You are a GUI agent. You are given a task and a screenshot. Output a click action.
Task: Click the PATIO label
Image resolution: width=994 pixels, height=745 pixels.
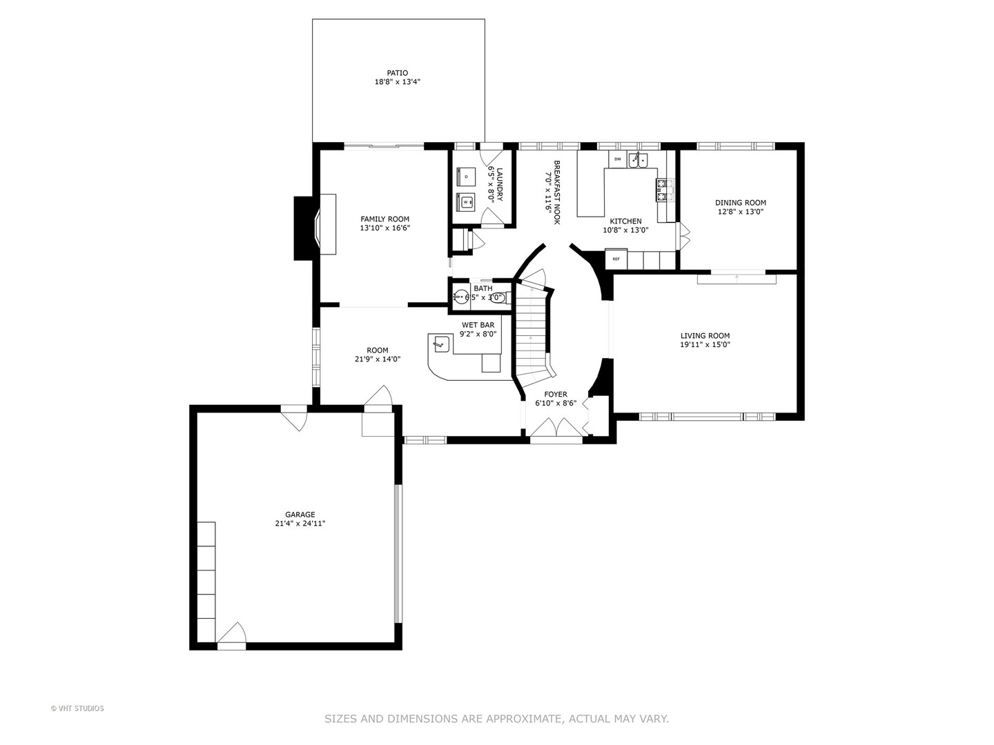[397, 72]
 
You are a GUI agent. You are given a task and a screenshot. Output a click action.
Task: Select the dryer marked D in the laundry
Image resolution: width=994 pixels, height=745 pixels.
[466, 177]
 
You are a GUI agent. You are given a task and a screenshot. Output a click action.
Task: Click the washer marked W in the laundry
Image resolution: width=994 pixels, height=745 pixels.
[466, 202]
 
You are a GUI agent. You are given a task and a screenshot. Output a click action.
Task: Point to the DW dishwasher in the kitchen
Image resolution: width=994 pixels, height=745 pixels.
[617, 160]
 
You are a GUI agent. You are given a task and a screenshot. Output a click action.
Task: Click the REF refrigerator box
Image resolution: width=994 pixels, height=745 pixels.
[615, 259]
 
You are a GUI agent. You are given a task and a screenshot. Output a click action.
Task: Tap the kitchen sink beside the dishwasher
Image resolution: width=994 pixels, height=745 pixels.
[638, 160]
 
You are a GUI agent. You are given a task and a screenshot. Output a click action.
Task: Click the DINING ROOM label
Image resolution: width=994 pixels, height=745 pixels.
[740, 203]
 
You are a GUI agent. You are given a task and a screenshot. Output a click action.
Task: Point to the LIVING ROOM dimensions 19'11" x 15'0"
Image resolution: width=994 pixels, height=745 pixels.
[705, 345]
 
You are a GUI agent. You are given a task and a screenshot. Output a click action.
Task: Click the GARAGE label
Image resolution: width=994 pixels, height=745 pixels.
[300, 515]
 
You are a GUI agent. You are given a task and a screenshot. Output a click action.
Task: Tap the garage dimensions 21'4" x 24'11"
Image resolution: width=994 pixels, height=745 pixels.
[300, 524]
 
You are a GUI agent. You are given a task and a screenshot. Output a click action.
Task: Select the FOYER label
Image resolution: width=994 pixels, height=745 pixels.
[555, 395]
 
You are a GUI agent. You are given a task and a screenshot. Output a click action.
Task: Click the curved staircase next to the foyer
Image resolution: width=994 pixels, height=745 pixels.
[534, 331]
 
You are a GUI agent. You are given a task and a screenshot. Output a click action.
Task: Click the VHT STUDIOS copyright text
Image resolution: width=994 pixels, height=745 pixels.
[77, 708]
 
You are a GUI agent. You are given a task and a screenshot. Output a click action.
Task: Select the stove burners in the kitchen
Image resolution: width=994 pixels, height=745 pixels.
[663, 190]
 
